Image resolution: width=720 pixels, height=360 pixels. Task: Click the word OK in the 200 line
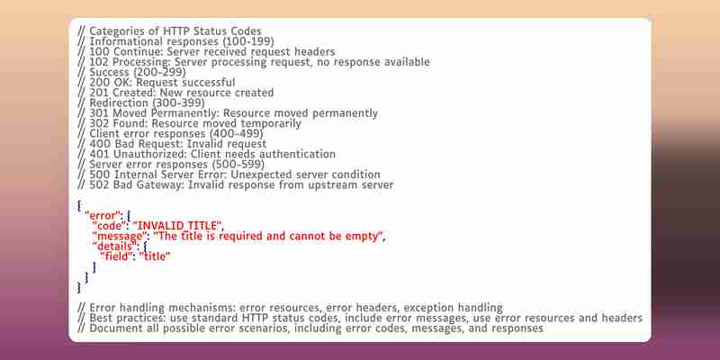pos(123,83)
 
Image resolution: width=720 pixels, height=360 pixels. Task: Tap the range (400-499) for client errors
pos(236,134)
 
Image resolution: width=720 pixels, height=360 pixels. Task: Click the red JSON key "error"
pos(102,216)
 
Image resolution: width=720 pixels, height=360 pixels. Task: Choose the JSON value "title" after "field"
pos(155,256)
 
